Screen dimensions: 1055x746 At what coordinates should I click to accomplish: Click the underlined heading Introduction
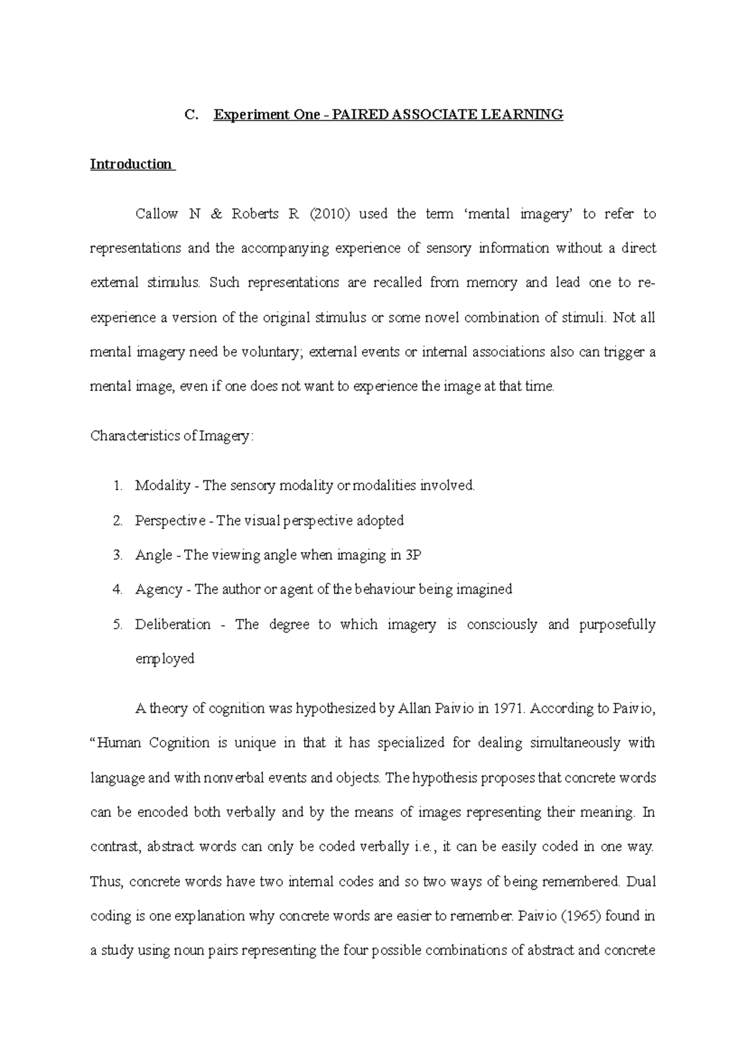(x=131, y=164)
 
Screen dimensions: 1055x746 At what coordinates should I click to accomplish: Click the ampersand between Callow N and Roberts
(x=216, y=214)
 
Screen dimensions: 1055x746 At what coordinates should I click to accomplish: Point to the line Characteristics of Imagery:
(x=172, y=436)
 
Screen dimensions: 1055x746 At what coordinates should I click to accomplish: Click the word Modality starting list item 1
(x=162, y=485)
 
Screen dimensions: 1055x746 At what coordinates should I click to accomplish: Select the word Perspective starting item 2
(x=170, y=520)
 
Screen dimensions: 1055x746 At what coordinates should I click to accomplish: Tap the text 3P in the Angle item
(x=413, y=555)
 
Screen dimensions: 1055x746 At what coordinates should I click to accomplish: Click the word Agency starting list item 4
(x=159, y=589)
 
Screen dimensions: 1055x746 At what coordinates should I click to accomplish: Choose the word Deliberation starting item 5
(x=173, y=624)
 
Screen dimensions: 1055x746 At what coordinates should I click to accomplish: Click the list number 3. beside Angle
(x=117, y=555)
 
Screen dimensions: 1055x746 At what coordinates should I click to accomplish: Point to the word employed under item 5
(x=165, y=659)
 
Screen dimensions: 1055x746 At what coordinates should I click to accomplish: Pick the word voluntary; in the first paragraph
(x=271, y=352)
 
